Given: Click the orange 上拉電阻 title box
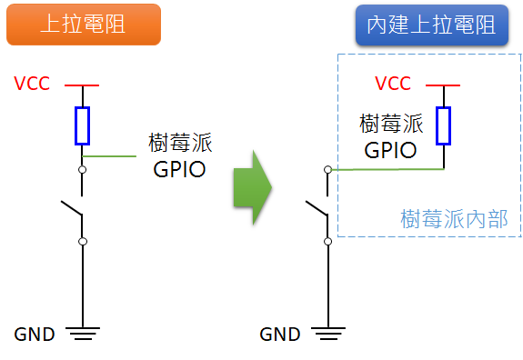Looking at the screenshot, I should tap(83, 25).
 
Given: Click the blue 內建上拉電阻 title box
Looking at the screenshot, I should tap(431, 25).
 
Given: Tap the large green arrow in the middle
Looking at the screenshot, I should tap(252, 188).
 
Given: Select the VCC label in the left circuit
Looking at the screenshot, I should tap(33, 84).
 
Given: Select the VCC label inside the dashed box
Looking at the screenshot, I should tap(393, 84).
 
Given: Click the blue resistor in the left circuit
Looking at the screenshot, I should tap(83, 125).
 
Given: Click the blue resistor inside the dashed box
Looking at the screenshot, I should tap(443, 125).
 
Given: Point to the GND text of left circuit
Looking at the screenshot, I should tap(35, 334).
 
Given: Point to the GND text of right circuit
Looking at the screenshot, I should tap(280, 334).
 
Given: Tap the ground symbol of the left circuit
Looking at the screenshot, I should tap(83, 334).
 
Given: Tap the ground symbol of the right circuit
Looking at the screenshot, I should tap(328, 334).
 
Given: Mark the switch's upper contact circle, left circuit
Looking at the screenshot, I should tap(83, 169).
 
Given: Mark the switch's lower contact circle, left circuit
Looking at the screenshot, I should tap(83, 241).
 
